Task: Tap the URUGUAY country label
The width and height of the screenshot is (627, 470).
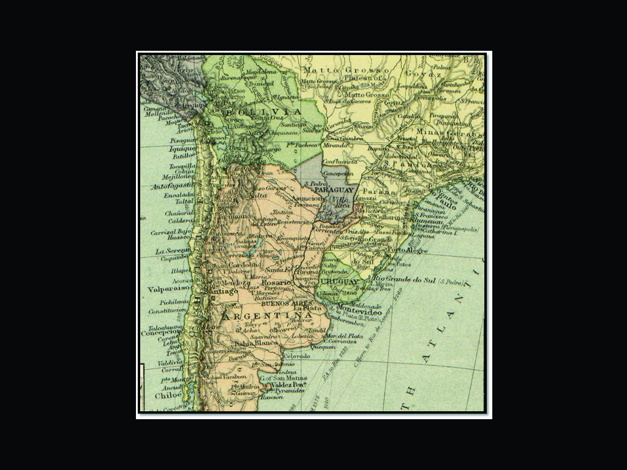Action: [x=339, y=282]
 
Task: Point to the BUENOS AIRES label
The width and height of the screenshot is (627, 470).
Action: [x=282, y=304]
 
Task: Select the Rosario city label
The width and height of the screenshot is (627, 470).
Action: [x=274, y=283]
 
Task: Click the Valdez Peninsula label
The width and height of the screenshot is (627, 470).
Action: [x=282, y=384]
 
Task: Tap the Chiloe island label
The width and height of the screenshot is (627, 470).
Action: [x=168, y=395]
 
